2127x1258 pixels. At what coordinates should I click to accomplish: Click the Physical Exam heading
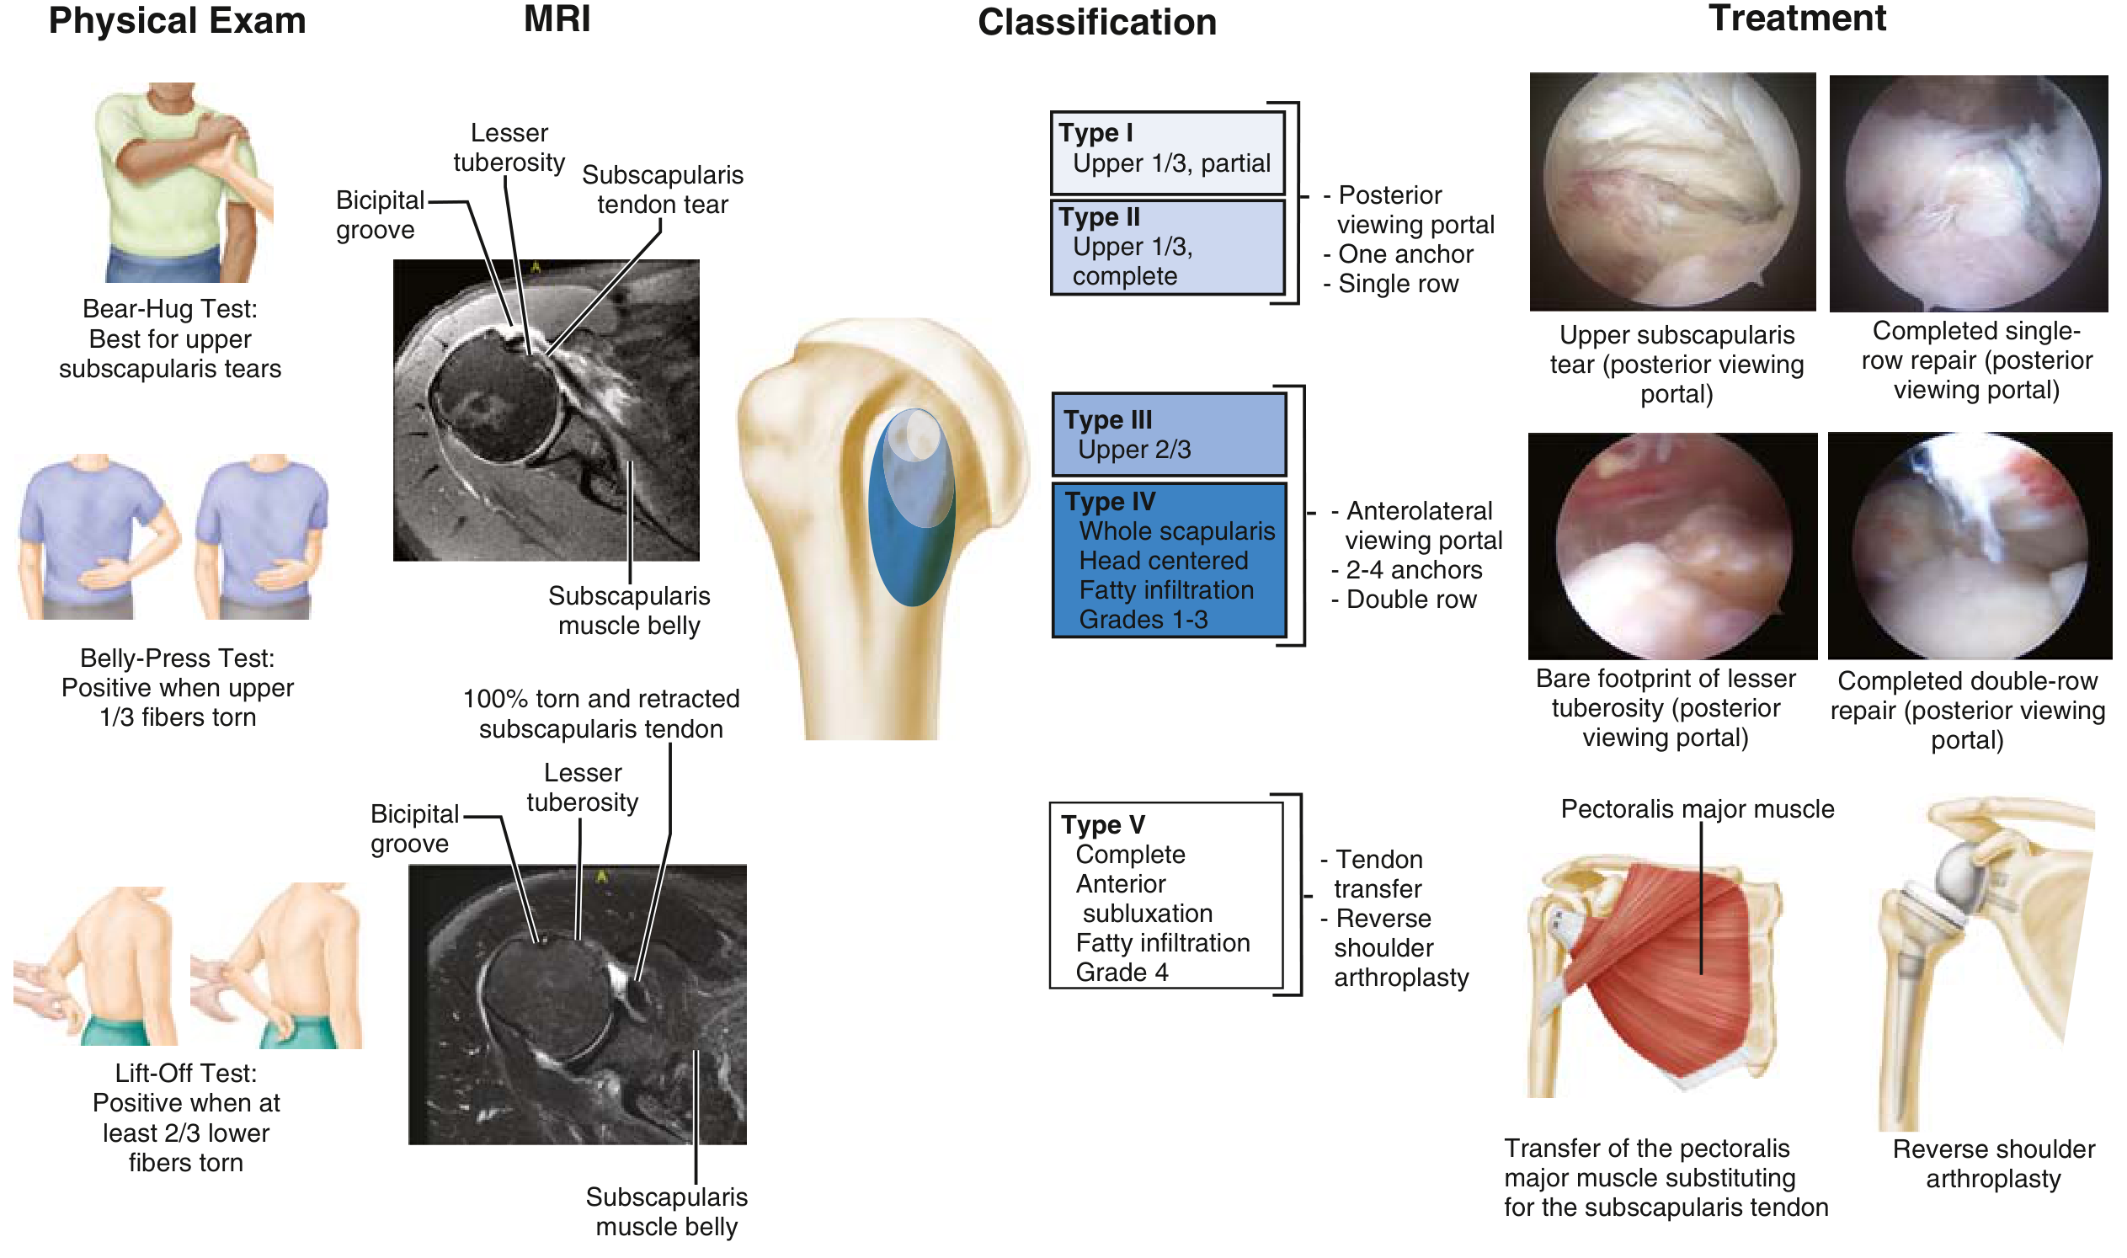coord(177,21)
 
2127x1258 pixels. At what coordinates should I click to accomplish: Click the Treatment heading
coord(1796,19)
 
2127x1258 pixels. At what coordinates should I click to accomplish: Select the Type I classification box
coord(1167,152)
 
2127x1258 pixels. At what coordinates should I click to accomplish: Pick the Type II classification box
coord(1167,247)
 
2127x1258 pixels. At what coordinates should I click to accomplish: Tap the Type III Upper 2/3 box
coord(1169,434)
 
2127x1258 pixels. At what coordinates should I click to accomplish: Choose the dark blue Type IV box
coord(1169,560)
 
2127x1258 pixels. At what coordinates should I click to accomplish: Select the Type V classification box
coord(1165,896)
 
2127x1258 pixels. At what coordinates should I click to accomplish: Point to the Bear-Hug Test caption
coord(170,339)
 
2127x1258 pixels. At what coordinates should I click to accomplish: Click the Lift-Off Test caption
coord(185,1118)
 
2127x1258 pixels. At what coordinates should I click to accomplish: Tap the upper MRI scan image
coord(546,410)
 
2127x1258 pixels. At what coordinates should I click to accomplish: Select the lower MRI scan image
coord(578,1005)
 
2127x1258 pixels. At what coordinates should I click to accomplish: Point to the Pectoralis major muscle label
coord(1698,809)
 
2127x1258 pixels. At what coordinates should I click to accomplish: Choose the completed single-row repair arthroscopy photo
coord(1968,194)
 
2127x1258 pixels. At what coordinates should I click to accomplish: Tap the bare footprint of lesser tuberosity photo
coord(1671,545)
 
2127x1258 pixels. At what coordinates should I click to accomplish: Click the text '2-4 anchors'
coord(1413,571)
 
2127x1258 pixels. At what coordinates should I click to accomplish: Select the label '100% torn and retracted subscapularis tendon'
coord(601,714)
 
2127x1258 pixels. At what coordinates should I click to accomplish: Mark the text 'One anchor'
coord(1405,254)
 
